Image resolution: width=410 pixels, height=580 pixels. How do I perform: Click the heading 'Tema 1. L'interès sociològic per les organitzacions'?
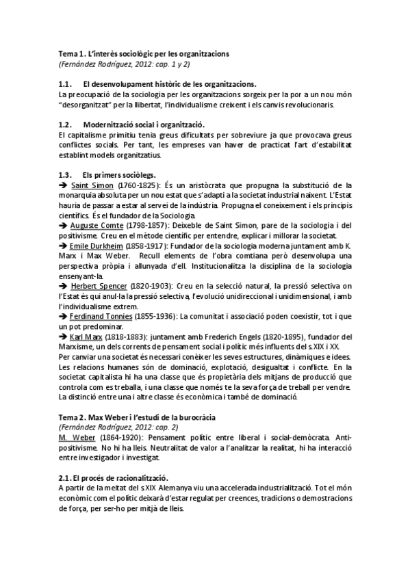(144, 53)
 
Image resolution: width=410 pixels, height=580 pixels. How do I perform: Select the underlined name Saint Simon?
(88, 185)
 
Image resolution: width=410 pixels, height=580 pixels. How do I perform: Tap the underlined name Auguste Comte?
(94, 225)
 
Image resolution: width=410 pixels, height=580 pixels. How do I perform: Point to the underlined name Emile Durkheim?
(96, 244)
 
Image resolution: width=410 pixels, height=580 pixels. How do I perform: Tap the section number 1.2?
(66, 124)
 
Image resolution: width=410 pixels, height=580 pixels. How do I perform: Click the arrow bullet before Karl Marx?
(64, 337)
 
